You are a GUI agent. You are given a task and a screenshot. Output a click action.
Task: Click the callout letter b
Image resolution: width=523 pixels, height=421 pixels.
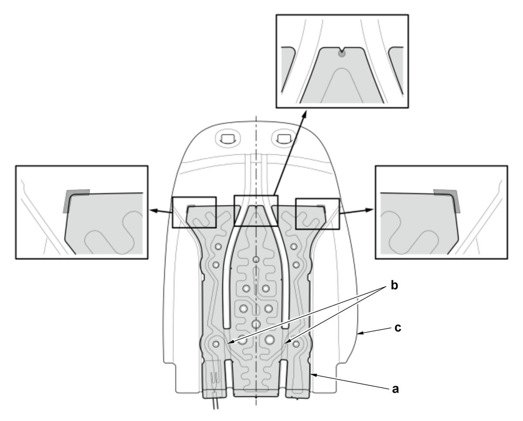pos(394,286)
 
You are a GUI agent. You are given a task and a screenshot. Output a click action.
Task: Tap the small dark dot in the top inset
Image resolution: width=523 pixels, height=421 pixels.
pos(341,54)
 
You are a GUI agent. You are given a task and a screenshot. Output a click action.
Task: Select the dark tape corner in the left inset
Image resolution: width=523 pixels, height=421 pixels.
pos(73,198)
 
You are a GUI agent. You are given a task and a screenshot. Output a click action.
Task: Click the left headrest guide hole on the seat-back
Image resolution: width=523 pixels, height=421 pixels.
pos(228,139)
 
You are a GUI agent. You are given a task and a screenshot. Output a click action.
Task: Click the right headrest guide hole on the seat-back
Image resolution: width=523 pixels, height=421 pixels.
pos(283,139)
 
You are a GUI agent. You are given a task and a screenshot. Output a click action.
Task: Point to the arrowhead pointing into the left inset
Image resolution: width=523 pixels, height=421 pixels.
pos(153,211)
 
